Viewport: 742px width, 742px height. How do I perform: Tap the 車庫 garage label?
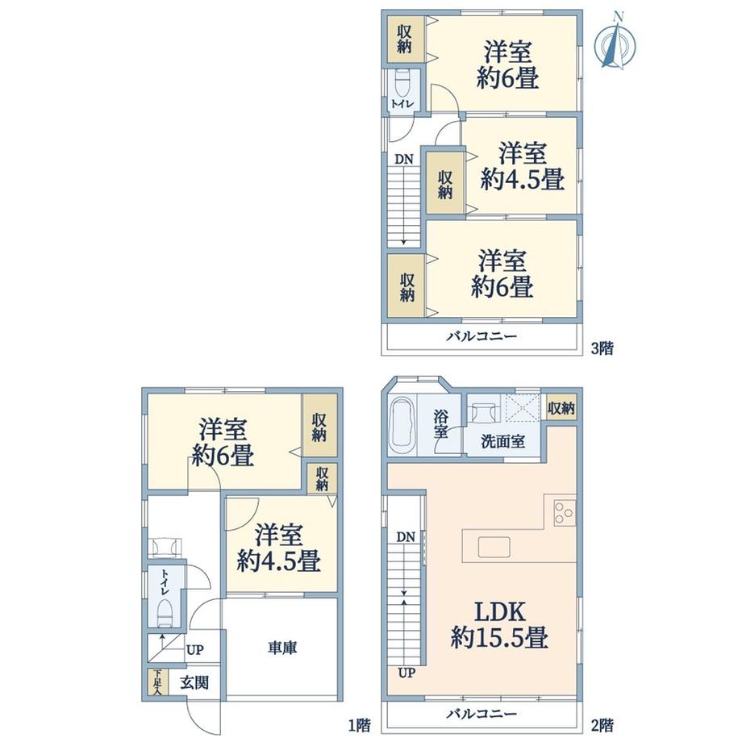(282, 648)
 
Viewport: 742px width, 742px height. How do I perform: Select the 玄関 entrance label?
(194, 682)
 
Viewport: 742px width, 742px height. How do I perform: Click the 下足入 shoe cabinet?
(157, 682)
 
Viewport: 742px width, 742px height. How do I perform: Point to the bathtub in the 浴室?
(402, 425)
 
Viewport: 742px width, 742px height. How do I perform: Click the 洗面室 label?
(502, 441)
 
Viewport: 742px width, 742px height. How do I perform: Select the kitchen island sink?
(494, 548)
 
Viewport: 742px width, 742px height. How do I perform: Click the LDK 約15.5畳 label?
(500, 624)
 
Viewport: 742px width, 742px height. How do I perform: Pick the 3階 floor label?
(602, 348)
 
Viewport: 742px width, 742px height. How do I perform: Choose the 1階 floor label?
(360, 725)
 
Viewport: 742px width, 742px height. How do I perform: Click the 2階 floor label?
(602, 725)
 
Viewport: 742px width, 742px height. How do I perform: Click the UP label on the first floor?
(194, 650)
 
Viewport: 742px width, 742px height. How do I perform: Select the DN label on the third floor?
(403, 159)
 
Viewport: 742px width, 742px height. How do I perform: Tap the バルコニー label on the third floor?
(481, 336)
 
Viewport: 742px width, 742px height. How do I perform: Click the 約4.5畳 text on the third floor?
(523, 180)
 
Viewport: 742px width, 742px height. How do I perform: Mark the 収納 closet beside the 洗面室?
(561, 407)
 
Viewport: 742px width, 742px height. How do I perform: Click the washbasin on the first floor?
(165, 547)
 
